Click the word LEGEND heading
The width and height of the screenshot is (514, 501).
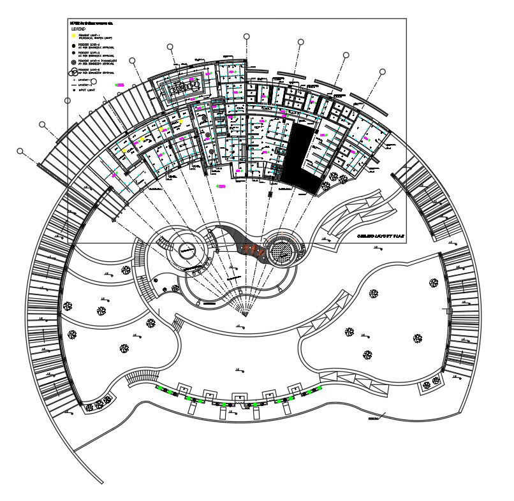pos(78,29)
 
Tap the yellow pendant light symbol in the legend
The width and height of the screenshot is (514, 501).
pos(73,36)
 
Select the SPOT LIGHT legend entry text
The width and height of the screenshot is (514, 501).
pos(86,91)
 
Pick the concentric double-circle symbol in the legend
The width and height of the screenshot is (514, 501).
pos(73,62)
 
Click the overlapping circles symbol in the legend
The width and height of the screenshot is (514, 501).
pos(73,71)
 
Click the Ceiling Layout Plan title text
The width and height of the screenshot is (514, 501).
pos(380,236)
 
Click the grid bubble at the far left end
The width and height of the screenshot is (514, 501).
pos(20,151)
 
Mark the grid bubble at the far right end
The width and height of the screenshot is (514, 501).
pos(382,72)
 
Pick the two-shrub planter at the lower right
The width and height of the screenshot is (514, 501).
pos(431,382)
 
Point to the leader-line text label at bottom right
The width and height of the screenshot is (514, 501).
pos(373,419)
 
